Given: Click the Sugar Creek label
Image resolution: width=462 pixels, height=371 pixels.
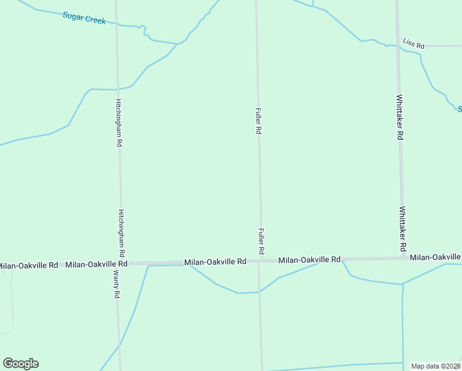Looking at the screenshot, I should [84, 17].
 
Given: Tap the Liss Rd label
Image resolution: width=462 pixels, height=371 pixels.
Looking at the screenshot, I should [414, 44].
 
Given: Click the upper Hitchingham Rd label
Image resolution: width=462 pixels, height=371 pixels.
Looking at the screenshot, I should [119, 122].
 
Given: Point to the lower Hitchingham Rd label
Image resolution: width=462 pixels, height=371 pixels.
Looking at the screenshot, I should [122, 233].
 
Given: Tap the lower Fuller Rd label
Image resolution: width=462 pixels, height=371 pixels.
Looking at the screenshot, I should [261, 242].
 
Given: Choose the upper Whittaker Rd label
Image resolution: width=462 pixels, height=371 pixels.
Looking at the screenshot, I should [400, 117].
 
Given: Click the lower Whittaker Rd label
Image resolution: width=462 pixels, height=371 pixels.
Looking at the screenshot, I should [403, 229].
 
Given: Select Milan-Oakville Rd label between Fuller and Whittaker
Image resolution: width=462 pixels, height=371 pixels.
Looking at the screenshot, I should [309, 260].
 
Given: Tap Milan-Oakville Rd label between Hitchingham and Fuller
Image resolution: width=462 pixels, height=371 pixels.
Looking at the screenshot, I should [216, 262].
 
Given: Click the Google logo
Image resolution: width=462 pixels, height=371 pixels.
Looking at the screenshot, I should [20, 363].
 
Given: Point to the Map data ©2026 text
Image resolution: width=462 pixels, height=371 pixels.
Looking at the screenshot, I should [436, 366].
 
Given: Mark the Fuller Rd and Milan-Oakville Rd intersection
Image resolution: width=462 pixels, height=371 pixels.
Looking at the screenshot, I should [261, 261].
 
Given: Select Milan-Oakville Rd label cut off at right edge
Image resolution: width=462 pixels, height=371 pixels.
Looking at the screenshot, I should [435, 257].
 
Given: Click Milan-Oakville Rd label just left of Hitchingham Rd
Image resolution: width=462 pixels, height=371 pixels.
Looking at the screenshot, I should [96, 264].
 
